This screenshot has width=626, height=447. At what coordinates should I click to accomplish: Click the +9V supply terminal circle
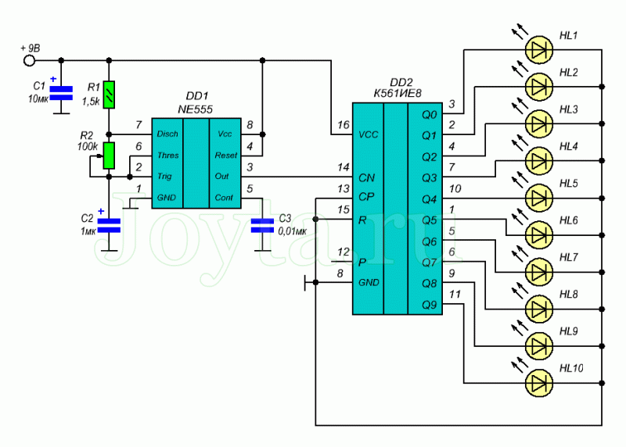[x=29, y=61]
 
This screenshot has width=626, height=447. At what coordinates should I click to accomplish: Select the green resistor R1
[x=109, y=95]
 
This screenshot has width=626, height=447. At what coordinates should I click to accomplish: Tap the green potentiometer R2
[x=109, y=155]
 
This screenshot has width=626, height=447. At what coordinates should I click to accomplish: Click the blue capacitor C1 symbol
[x=61, y=93]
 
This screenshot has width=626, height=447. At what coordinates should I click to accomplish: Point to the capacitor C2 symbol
[x=109, y=225]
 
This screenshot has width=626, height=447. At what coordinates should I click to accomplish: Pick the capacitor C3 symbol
[x=262, y=225]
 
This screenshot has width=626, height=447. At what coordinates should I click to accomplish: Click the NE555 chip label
[x=195, y=109]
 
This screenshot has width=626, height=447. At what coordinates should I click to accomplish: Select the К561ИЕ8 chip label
[x=398, y=93]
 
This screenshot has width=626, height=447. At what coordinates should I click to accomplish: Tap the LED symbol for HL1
[x=539, y=49]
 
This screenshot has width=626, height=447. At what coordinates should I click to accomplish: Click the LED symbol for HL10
[x=539, y=383]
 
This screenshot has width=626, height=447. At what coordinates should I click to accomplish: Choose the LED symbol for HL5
[x=539, y=198]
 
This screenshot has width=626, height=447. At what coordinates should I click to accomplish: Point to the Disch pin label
[x=167, y=134]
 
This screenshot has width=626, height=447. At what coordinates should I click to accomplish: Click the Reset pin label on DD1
[x=226, y=155]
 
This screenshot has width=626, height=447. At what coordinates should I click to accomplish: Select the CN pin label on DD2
[x=366, y=178]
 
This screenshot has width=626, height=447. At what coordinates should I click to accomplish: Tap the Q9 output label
[x=430, y=305]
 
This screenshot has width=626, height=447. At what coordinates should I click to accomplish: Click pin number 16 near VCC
[x=344, y=125]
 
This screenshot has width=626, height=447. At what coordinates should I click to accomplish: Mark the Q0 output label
[x=430, y=115]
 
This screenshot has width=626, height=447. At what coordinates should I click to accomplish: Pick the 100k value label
[x=88, y=146]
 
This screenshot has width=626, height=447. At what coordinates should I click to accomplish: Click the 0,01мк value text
[x=293, y=231]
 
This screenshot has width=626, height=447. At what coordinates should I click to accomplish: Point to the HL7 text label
[x=569, y=257]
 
